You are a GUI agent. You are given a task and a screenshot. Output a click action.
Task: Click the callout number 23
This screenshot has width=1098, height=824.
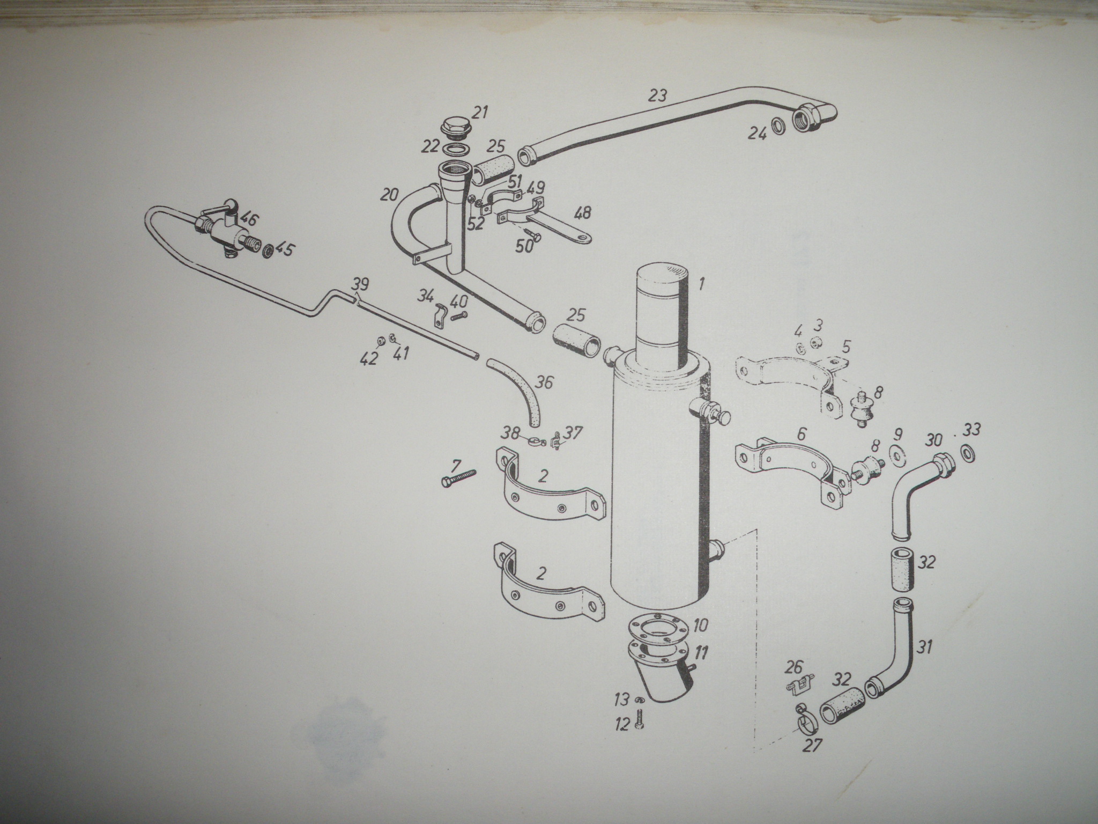[658, 96]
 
